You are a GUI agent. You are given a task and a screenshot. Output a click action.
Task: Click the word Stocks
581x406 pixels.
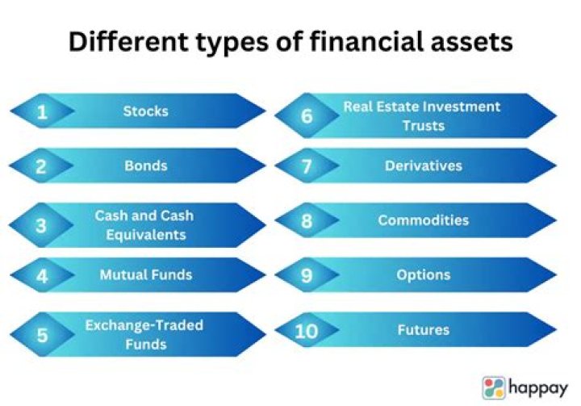pos(145,111)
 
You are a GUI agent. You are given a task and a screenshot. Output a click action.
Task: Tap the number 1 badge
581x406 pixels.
pos(42,112)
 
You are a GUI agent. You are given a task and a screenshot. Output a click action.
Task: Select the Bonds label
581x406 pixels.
pos(145,165)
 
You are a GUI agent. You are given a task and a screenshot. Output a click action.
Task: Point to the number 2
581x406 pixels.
pos(42,167)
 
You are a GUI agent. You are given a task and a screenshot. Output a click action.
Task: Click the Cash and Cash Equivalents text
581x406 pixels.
pos(144,225)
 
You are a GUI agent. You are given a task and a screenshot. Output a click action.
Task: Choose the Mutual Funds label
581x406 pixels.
pos(146,274)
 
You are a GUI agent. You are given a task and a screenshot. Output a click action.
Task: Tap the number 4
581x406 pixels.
pos(42,277)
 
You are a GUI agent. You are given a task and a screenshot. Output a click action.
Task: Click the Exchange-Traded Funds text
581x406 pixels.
pos(144,334)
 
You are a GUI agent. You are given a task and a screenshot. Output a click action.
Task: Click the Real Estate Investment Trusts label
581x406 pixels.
pos(422,115)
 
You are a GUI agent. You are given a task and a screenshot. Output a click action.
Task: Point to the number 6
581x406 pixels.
pos(307,115)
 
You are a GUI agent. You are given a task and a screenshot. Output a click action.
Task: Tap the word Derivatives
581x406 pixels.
pos(423,165)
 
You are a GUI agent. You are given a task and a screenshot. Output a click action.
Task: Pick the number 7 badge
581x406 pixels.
pos(307,167)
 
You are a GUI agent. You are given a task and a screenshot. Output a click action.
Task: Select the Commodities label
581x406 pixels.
pos(423,220)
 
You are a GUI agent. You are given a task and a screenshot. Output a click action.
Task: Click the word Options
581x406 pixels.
pos(423,274)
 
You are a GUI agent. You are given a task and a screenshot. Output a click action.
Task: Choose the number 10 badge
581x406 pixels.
pos(307,331)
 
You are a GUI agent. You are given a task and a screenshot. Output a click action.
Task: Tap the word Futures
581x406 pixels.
pos(423,329)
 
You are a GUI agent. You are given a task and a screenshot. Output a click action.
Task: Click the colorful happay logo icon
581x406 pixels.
pos(494,387)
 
